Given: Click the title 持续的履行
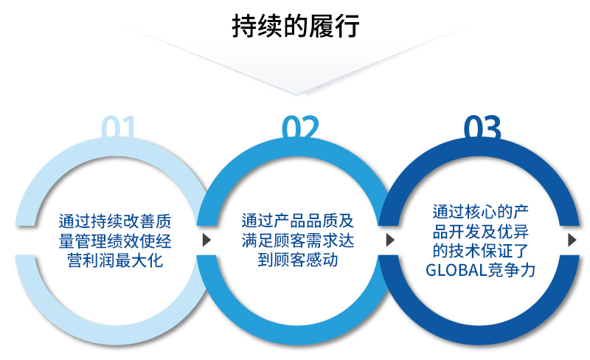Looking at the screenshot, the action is pyautogui.click(x=296, y=26).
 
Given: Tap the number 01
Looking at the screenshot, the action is pyautogui.click(x=118, y=128).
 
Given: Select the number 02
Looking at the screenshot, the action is pyautogui.click(x=300, y=128).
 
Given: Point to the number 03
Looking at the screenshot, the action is pyautogui.click(x=482, y=128).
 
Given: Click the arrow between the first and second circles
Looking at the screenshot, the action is pyautogui.click(x=206, y=240).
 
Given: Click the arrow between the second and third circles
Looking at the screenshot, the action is pyautogui.click(x=390, y=240).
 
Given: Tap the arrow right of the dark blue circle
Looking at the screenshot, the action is pyautogui.click(x=572, y=240).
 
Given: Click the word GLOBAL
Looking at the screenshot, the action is pyautogui.click(x=457, y=271).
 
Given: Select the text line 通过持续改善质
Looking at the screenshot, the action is pyautogui.click(x=115, y=221).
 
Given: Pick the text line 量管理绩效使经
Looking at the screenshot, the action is pyautogui.click(x=115, y=241).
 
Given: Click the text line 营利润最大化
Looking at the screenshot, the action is pyautogui.click(x=115, y=260).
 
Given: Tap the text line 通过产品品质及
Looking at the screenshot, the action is pyautogui.click(x=298, y=221).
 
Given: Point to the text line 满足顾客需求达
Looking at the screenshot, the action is pyautogui.click(x=298, y=240).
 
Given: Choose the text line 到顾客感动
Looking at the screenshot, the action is pyautogui.click(x=298, y=260).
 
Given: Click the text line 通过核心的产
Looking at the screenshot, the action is pyautogui.click(x=481, y=212).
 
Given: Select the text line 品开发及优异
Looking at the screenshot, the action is pyautogui.click(x=481, y=231).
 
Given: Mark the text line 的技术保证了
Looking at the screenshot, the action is pyautogui.click(x=481, y=251).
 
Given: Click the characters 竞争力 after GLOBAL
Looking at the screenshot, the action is pyautogui.click(x=512, y=271).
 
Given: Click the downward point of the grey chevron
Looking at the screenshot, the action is pyautogui.click(x=296, y=94).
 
